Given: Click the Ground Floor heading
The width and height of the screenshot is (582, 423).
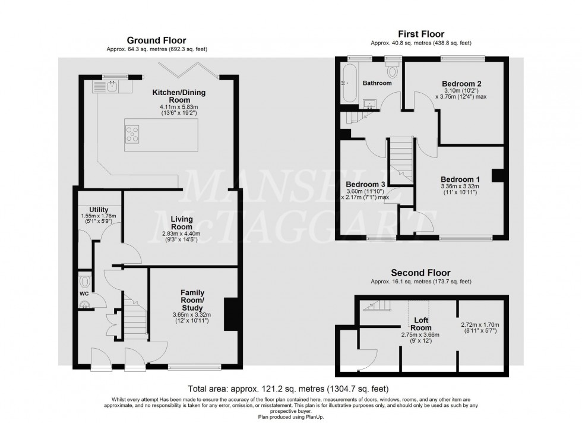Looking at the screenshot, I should click(157, 40).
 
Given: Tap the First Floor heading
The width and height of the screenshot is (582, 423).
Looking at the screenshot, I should click(420, 34).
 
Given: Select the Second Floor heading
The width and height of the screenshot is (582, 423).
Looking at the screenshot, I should click(420, 273).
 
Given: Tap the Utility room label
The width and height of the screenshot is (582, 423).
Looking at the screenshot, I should click(98, 209).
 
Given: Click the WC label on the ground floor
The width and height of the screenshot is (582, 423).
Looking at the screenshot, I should click(84, 293).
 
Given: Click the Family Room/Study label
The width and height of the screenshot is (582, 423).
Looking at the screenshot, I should click(192, 300).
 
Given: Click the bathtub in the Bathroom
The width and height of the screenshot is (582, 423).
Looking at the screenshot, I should click(348, 84).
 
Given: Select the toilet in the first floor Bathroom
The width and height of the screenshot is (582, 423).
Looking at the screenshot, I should click(391, 71).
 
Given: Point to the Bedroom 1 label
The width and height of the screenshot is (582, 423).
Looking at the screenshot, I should click(460, 179).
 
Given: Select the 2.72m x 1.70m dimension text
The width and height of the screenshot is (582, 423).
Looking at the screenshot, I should click(481, 324).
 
